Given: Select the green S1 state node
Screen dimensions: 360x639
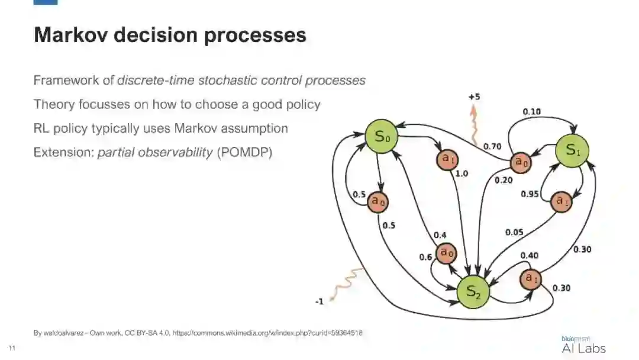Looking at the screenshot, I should [x=572, y=150].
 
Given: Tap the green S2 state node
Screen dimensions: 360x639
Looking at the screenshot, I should [x=473, y=291].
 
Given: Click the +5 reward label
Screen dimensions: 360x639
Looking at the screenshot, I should [x=474, y=97].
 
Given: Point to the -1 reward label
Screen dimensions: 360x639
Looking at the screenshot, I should [x=319, y=301].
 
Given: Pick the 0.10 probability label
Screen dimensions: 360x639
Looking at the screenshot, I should [x=531, y=111].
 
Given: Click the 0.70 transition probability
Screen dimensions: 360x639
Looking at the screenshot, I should [x=493, y=146].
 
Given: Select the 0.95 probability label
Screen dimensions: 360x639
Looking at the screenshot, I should [x=530, y=194].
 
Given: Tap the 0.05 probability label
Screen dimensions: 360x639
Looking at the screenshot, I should [x=514, y=232].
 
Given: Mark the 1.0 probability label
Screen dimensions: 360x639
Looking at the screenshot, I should [x=461, y=174].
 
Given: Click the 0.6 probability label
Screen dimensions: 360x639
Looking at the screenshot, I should [x=425, y=257].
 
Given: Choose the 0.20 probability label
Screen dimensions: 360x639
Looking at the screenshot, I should [x=504, y=180].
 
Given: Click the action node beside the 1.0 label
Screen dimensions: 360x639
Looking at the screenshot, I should [x=447, y=159].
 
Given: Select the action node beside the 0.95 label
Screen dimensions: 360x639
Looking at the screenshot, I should [x=561, y=201].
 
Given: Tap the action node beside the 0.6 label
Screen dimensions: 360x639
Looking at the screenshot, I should [x=446, y=253].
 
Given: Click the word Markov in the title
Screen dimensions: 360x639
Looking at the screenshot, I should [x=70, y=35].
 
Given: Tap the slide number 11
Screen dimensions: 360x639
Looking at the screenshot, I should [x=11, y=347].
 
